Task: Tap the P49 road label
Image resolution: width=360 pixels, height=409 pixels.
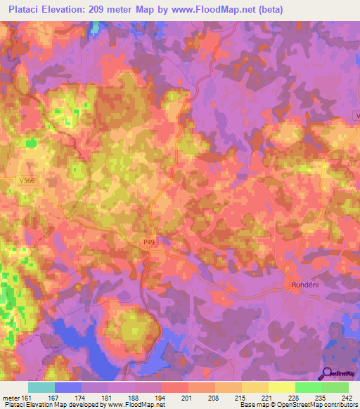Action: click(148, 242)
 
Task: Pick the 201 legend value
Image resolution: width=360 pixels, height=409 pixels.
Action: click(187, 397)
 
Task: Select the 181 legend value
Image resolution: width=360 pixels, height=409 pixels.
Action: click(108, 397)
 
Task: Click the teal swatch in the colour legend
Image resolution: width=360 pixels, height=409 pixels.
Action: click(41, 387)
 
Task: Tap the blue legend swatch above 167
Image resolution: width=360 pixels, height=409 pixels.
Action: click(68, 387)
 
